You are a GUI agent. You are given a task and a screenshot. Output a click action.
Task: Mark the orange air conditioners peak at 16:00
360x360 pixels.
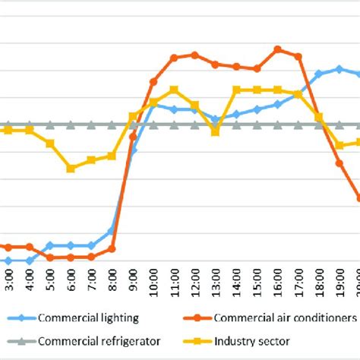[x=277, y=49]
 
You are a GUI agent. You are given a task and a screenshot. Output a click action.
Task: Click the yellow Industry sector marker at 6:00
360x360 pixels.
[x=71, y=168]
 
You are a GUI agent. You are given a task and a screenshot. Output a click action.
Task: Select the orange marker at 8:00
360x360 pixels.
[x=112, y=248]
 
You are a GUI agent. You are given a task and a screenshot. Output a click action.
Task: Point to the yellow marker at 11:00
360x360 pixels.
[x=174, y=90]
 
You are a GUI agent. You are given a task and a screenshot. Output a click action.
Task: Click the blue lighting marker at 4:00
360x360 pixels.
[x=30, y=261]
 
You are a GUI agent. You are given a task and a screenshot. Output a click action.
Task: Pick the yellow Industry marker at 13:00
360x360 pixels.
[x=215, y=131]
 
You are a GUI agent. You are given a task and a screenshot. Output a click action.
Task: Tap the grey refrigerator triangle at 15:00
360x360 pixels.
[x=257, y=125]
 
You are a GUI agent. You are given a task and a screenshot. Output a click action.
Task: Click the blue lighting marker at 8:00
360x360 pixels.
[x=112, y=230]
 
